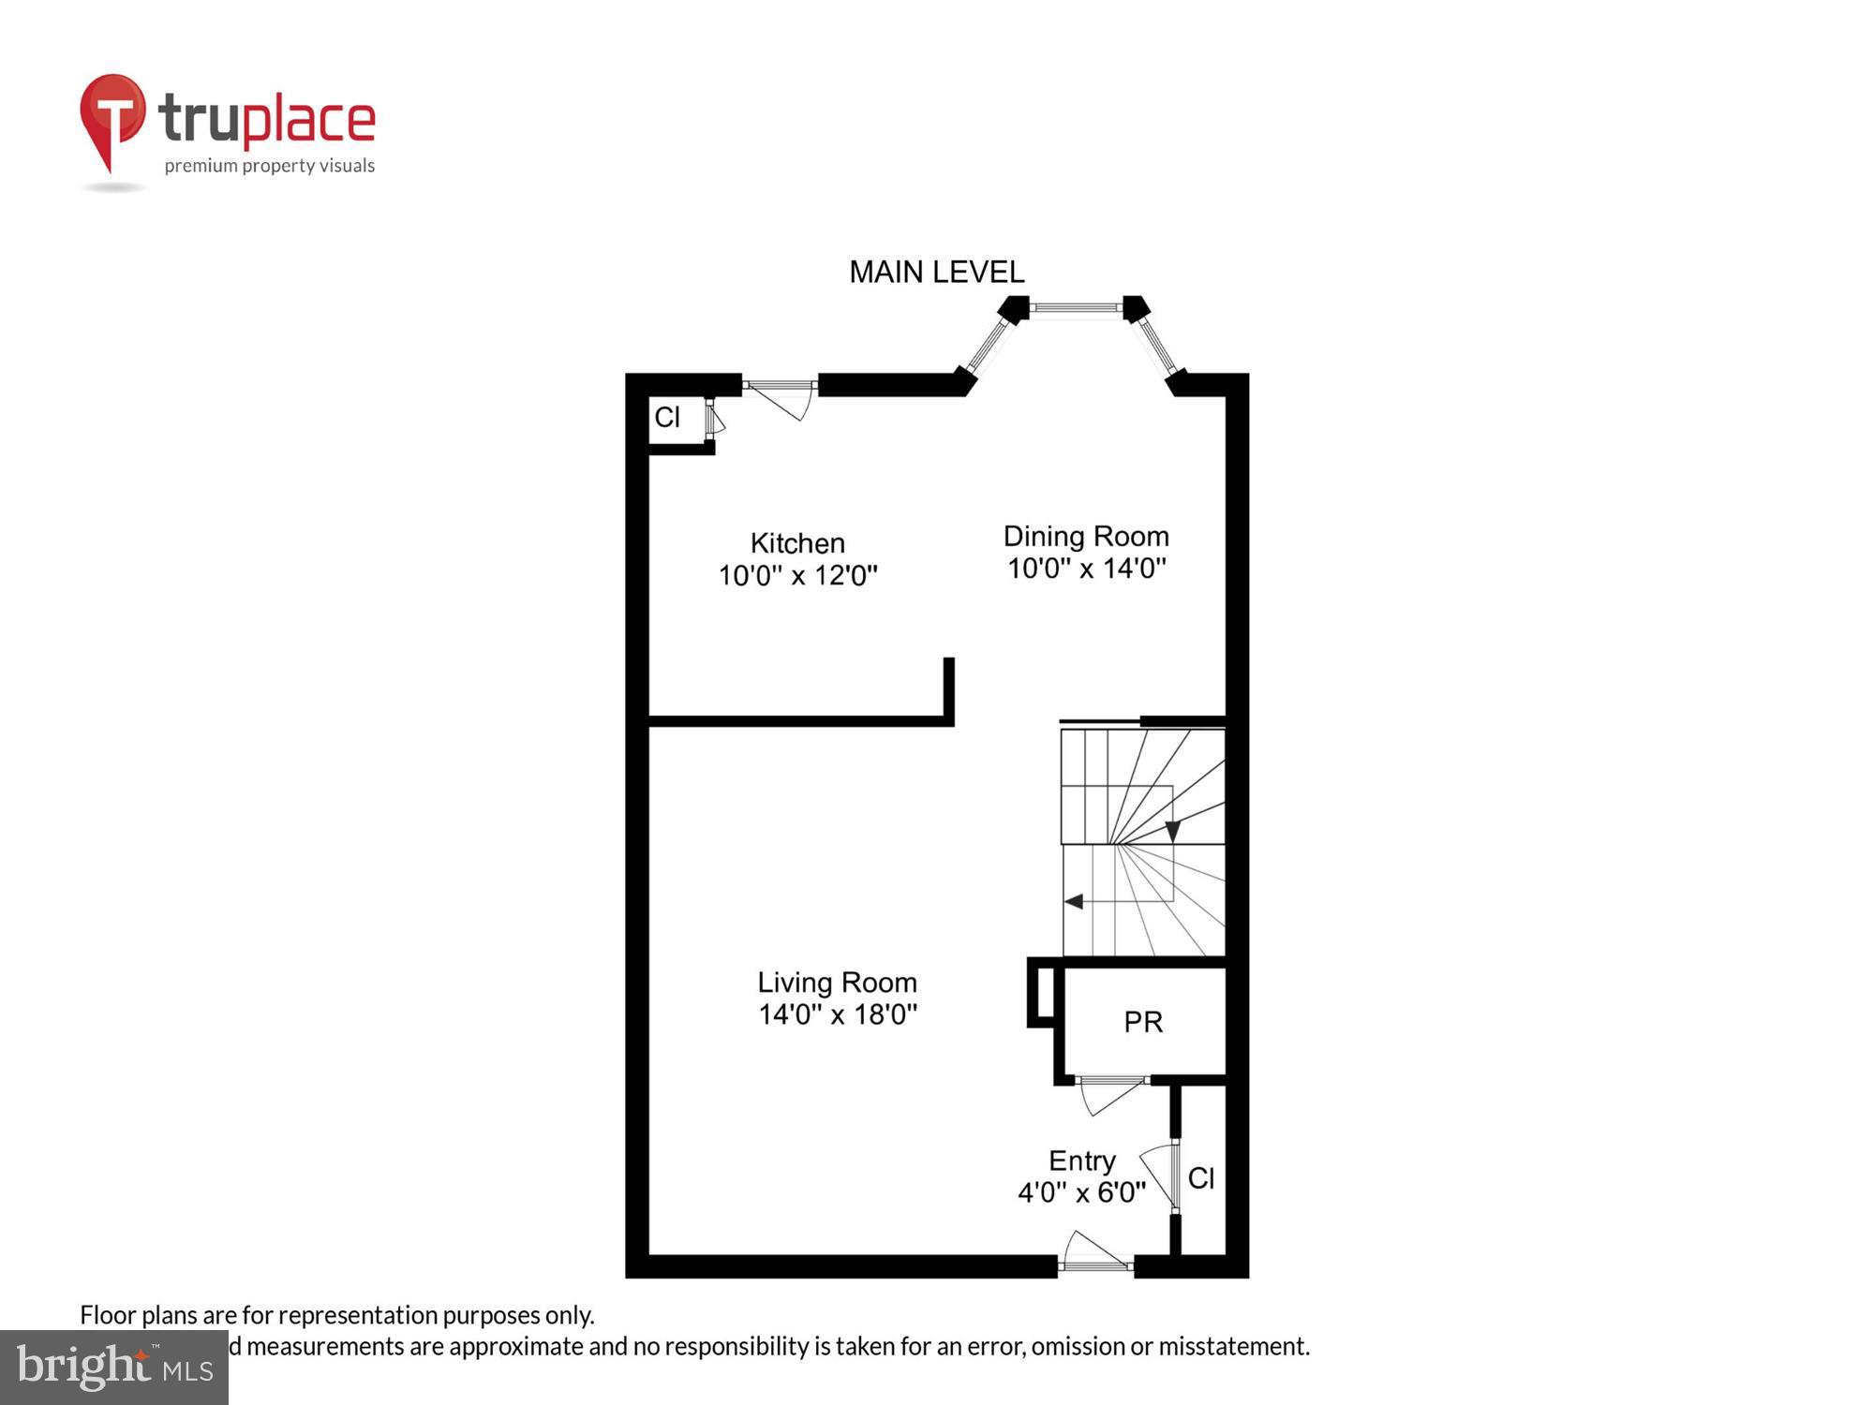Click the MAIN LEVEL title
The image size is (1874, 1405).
[936, 273]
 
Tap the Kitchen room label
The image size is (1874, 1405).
[797, 543]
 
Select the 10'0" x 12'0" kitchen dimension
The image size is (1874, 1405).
[797, 575]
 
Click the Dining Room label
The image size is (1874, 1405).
[1086, 537]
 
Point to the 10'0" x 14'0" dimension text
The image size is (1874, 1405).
[1086, 569]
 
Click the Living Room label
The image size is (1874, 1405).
[837, 983]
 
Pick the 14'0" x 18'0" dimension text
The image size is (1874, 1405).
[837, 1014]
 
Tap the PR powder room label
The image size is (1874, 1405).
[1143, 1022]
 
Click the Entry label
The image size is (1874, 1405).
[1081, 1161]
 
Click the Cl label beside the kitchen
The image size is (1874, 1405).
[667, 418]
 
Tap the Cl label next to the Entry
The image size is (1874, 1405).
[1200, 1178]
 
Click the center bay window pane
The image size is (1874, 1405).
[1076, 306]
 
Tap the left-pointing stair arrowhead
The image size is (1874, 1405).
[1074, 901]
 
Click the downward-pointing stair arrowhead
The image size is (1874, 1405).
[1172, 831]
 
